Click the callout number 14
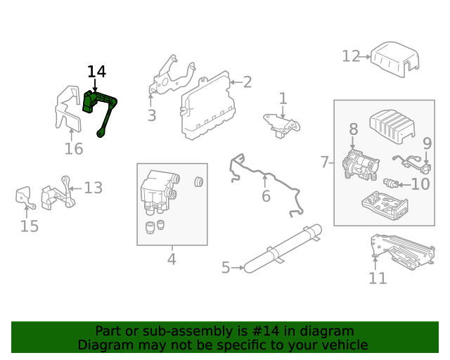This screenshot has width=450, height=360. [96, 72]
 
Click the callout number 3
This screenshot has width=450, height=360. [152, 116]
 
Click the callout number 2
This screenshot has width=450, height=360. [247, 82]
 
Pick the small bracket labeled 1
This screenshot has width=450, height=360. [282, 122]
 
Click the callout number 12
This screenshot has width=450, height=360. [351, 56]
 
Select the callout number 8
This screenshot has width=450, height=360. [353, 129]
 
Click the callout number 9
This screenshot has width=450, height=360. [426, 143]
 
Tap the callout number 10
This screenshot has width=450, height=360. [420, 185]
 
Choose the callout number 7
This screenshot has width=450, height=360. [324, 162]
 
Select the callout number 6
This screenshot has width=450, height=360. [266, 196]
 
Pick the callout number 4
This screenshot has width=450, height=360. [172, 259]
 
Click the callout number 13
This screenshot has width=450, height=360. [94, 188]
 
